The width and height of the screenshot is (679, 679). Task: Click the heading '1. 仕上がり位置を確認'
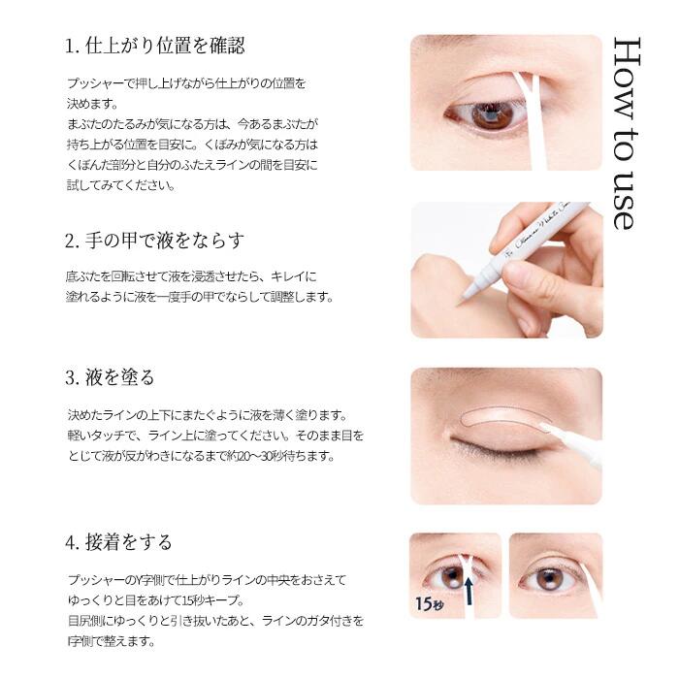point(154,46)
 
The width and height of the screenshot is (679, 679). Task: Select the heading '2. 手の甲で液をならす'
point(154,241)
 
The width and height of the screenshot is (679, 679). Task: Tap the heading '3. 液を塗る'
point(110,377)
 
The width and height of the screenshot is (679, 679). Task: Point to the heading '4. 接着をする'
point(118,542)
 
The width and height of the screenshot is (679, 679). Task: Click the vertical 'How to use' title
point(627,133)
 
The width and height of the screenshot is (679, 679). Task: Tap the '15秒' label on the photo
point(429,603)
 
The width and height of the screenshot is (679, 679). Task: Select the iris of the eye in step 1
point(493,115)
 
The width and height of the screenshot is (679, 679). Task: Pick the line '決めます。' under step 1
point(92,104)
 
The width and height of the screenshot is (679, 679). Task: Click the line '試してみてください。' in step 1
point(121,185)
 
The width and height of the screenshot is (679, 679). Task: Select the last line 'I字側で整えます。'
point(112,641)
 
